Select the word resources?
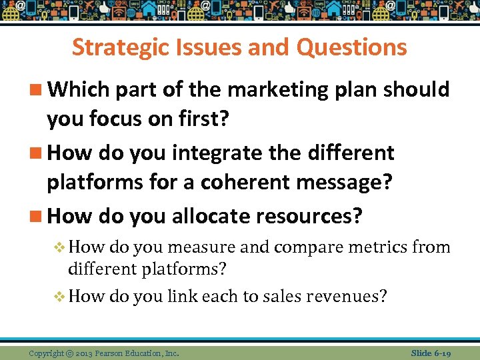point(315,216)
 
